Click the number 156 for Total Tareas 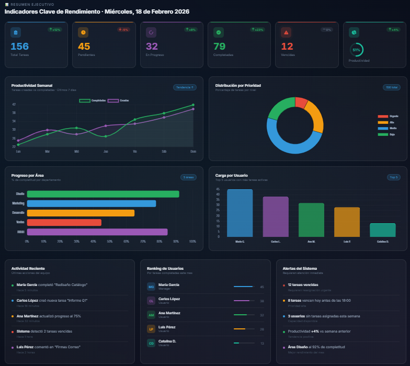[x=19, y=47]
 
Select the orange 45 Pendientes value [x=84, y=47]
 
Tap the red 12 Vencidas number [x=287, y=47]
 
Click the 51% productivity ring [x=356, y=50]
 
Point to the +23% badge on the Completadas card [x=257, y=30]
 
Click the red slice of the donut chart [x=301, y=102]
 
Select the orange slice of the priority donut [x=315, y=116]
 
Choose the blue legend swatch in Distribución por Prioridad [x=383, y=128]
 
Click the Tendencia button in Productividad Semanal [x=185, y=87]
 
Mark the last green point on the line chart [x=193, y=105]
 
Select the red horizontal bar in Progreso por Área [x=64, y=222]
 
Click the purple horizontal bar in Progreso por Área [x=97, y=232]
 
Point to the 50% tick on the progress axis [x=110, y=241]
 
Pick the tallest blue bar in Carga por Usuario [x=240, y=213]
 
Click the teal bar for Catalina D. [x=382, y=230]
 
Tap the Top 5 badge [x=393, y=177]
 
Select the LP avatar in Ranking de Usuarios [x=151, y=329]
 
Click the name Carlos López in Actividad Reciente [x=28, y=301]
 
